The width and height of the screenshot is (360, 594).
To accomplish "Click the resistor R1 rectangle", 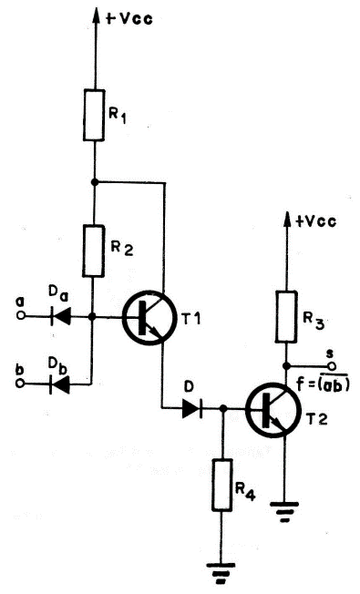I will point(94,115).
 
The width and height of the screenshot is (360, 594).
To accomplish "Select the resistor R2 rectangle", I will point(94,250).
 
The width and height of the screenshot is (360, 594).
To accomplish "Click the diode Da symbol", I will point(61,318).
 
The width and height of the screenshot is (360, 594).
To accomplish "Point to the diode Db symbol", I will point(61,384).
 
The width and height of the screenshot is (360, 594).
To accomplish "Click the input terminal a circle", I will point(21,318).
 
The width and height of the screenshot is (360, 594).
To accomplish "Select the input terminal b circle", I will point(21,384).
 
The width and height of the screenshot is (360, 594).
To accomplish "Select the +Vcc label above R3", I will point(315,221).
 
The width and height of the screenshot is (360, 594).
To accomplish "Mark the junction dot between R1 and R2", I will point(94,181).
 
